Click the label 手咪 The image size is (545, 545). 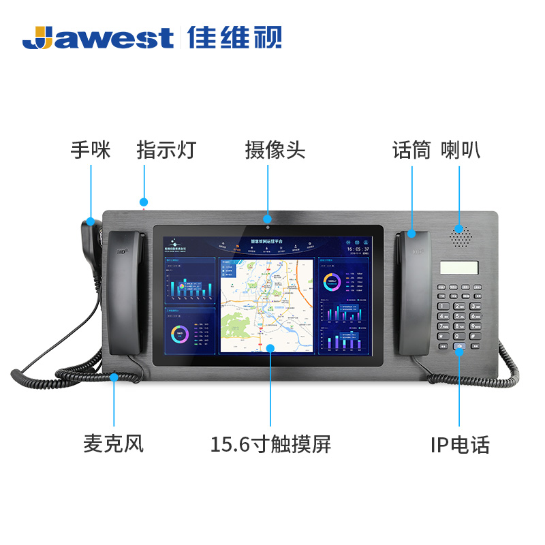91,150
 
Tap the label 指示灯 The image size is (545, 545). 166,150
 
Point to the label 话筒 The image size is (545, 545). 411,150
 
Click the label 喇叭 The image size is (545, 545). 461,150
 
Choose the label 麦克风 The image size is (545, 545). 114,444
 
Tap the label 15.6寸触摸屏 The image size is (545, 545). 270,444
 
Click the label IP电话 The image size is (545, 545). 460,445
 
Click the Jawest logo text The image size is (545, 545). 98,37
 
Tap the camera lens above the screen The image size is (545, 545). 268,226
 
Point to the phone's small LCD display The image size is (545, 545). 458,268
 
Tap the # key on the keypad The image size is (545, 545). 474,335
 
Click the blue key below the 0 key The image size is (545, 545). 460,346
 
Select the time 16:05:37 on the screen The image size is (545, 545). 358,249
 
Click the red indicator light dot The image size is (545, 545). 144,202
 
